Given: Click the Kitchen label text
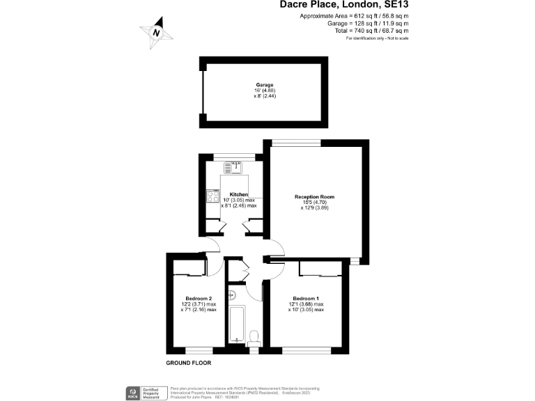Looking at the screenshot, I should tap(239, 194).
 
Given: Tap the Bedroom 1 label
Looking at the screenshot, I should tap(307, 299).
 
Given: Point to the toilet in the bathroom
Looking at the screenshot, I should tap(254, 338).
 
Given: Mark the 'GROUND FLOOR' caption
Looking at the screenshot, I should tap(188, 363).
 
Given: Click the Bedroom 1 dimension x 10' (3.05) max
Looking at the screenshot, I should tap(307, 310).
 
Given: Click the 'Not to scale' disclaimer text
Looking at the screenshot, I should tap(394, 38).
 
